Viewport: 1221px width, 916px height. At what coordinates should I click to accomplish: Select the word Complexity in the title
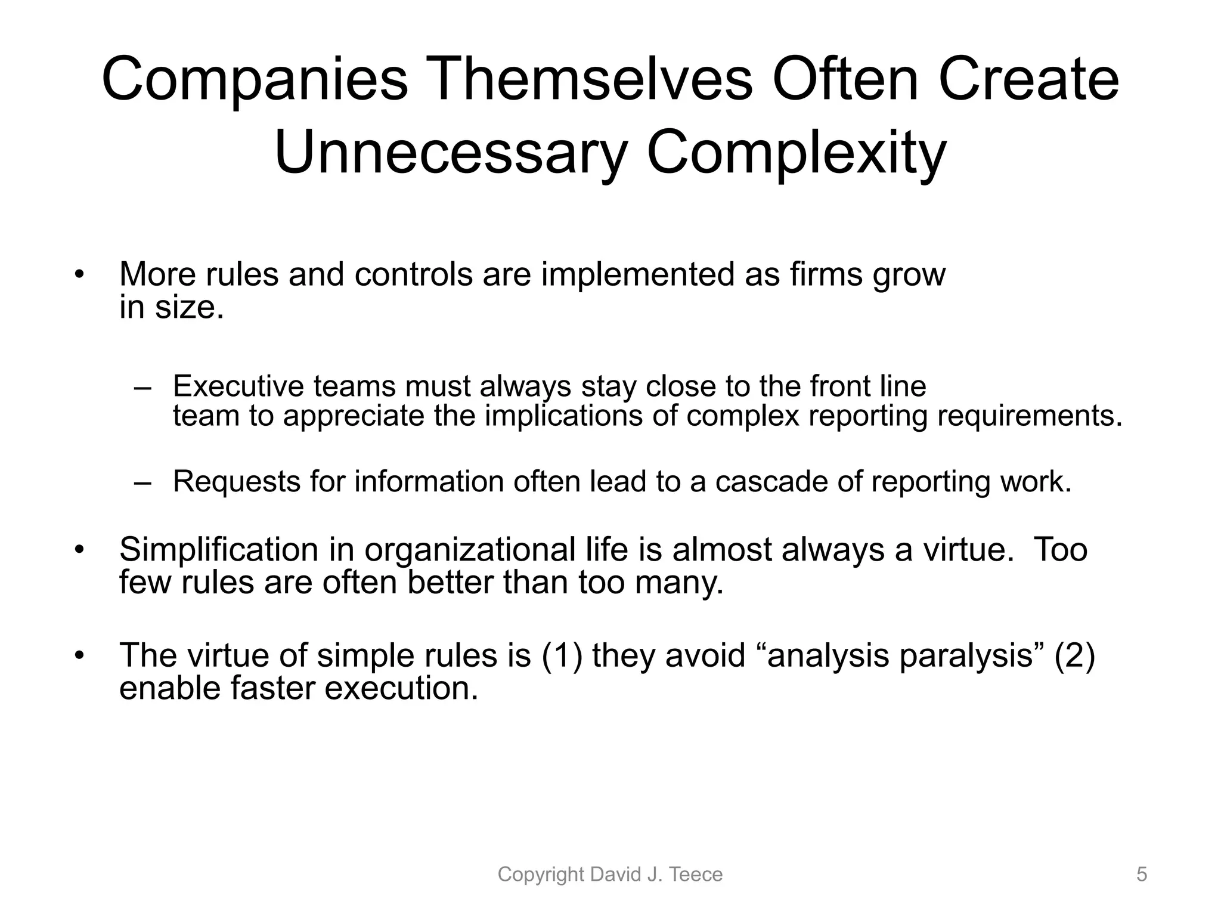(x=796, y=154)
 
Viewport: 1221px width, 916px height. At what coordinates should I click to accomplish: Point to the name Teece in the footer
(x=696, y=874)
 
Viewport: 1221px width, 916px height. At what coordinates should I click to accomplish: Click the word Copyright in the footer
(x=540, y=874)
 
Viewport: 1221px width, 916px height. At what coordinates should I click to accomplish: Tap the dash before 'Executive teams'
(x=143, y=388)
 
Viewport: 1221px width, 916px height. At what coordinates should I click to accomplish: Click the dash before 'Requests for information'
(x=143, y=482)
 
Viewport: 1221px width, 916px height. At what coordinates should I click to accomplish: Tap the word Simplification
(x=219, y=550)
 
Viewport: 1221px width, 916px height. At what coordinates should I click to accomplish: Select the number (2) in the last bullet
(x=1074, y=655)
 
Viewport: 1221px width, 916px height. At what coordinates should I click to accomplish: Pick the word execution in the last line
(x=401, y=688)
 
